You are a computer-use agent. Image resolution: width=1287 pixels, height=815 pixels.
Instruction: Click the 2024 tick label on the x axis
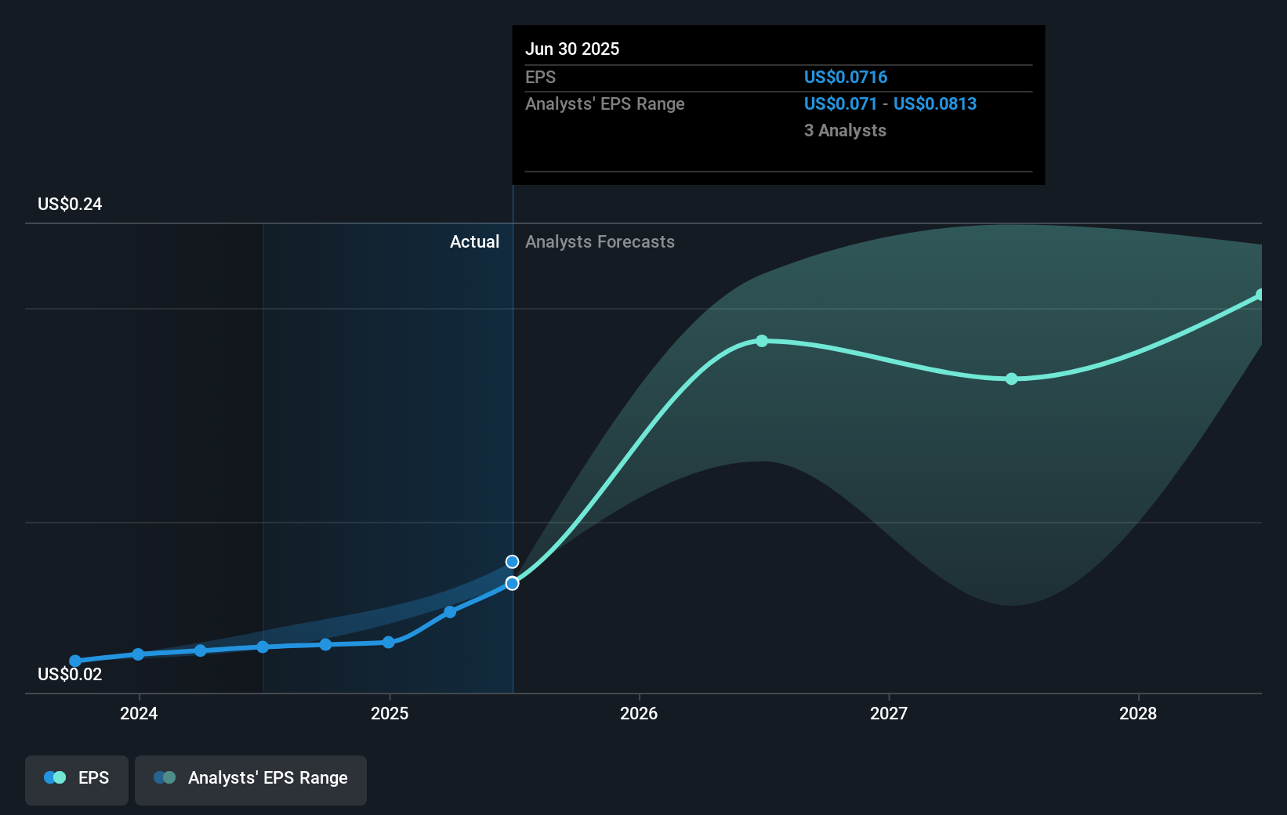139,713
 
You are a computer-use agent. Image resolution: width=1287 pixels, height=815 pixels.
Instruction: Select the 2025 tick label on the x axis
390,713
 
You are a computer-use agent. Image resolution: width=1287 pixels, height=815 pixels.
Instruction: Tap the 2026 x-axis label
639,713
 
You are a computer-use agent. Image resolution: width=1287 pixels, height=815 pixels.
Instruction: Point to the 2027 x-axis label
889,713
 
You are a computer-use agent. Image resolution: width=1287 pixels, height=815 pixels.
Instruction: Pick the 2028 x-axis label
1138,713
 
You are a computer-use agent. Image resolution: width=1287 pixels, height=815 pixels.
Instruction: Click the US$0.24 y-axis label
70,205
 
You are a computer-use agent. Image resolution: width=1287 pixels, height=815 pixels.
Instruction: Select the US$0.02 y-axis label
70,675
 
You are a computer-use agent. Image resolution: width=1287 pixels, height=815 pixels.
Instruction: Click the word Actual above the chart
474,242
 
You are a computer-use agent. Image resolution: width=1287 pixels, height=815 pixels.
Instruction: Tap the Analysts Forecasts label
600,242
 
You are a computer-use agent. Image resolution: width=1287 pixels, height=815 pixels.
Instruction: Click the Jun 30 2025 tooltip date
572,49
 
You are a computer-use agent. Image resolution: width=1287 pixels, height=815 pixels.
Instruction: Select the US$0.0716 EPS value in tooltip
846,78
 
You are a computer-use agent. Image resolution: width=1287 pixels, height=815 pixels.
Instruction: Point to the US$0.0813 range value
935,104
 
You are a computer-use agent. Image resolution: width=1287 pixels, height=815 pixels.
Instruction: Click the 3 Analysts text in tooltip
845,131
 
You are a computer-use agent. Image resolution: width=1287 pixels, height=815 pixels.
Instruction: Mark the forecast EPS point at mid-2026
762,341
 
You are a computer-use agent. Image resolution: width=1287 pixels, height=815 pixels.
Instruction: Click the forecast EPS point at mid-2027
1012,379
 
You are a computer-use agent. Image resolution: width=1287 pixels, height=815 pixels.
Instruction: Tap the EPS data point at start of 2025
389,643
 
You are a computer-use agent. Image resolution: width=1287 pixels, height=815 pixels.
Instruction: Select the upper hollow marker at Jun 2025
512,562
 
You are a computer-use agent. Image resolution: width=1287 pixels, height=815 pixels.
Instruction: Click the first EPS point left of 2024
75,661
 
